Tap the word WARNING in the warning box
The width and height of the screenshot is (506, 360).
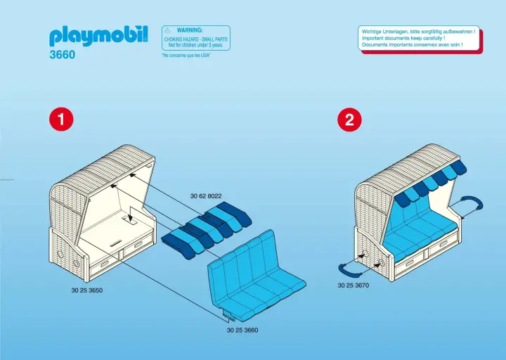[190, 30]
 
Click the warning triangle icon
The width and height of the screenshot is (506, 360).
[167, 31]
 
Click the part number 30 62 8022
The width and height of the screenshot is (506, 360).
[206, 196]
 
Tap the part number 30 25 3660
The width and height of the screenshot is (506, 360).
[242, 330]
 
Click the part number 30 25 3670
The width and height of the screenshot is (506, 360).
[353, 285]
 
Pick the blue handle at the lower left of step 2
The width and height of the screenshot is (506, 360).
[349, 266]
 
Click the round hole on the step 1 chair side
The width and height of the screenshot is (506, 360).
[60, 251]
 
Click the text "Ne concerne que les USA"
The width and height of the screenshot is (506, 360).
[186, 55]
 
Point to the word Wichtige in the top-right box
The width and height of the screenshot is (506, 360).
[374, 32]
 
